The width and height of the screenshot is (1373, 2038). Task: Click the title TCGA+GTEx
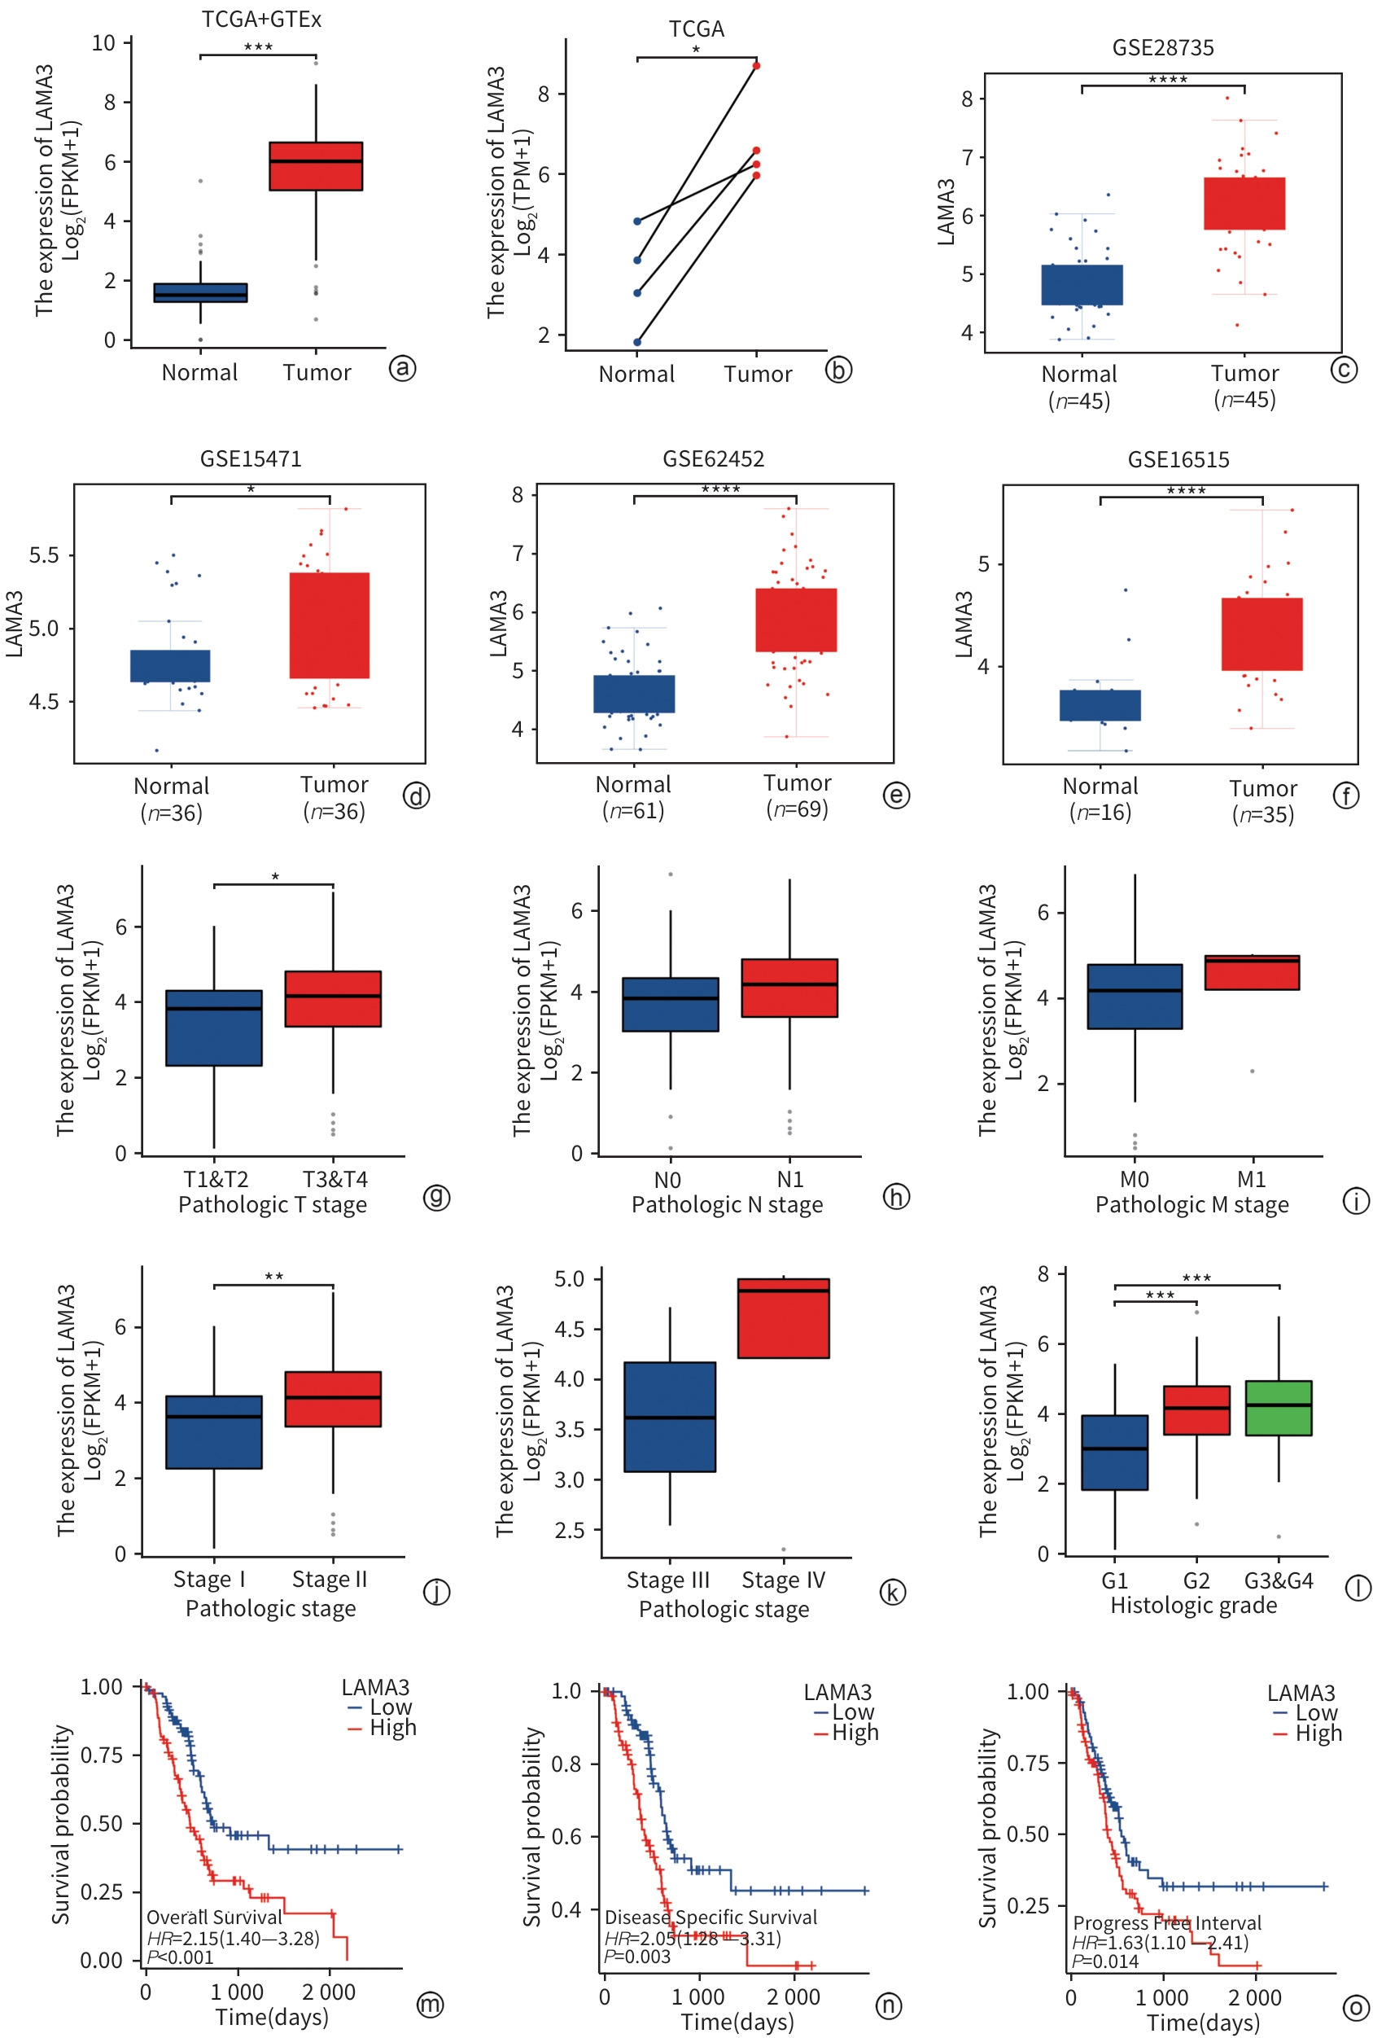261,20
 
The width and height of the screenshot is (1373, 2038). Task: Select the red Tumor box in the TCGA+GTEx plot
315,166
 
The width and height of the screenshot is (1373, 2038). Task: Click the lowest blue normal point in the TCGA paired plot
637,341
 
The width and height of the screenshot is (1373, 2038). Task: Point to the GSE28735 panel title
1163,47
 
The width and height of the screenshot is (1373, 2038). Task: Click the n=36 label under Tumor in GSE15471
335,812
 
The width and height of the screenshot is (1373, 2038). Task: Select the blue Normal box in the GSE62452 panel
634,694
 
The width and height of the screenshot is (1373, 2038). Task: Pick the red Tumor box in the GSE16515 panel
1261,634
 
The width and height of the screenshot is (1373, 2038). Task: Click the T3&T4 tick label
335,1179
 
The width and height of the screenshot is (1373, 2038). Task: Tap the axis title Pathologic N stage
727,1205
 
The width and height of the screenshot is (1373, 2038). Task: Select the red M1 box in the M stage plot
1251,972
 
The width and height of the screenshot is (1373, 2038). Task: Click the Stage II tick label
330,1579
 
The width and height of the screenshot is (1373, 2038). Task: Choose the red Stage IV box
783,1318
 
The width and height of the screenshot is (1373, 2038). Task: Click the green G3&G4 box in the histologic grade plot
1278,1409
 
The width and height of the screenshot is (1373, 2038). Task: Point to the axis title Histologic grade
1193,1606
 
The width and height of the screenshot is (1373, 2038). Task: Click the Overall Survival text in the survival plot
214,1917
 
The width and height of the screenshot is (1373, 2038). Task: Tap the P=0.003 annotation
636,1957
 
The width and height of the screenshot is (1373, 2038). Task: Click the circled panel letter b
838,370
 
